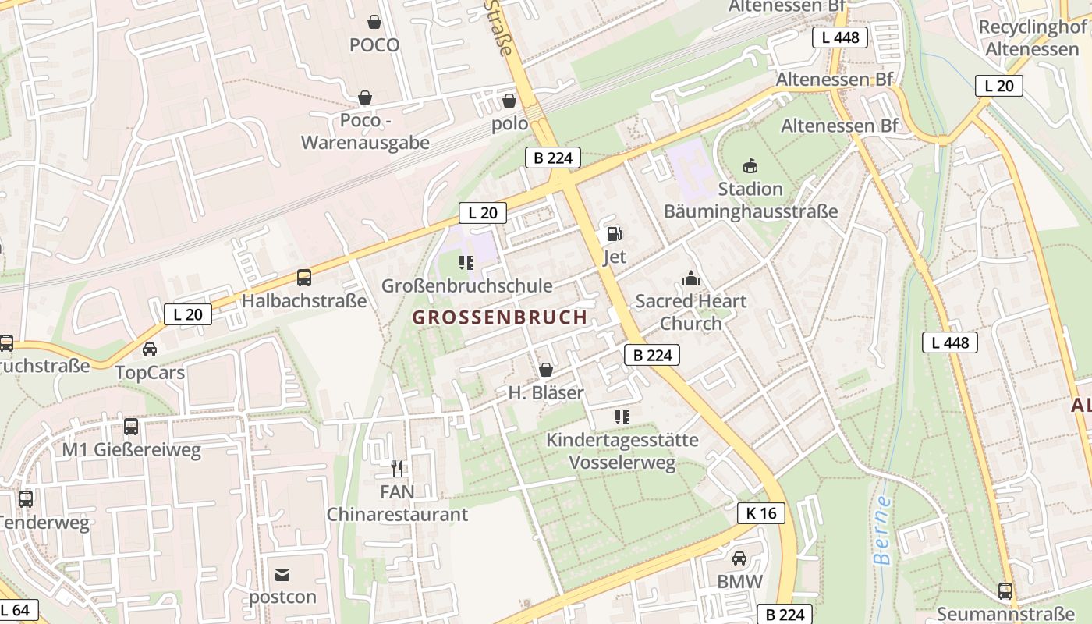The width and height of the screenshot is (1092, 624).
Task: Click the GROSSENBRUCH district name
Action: pyautogui.click(x=499, y=317)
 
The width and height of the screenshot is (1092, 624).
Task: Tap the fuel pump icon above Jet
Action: pyautogui.click(x=615, y=233)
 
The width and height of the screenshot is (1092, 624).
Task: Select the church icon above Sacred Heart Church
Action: pyautogui.click(x=691, y=278)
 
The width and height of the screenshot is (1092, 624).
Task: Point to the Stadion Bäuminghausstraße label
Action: pyautogui.click(x=750, y=200)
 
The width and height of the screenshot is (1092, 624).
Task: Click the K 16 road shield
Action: pyautogui.click(x=761, y=512)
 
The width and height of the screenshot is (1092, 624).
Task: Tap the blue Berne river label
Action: pyautogui.click(x=882, y=530)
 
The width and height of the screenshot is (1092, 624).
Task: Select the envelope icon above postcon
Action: pyautogui.click(x=282, y=575)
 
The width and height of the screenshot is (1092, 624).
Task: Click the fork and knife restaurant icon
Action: pyautogui.click(x=397, y=468)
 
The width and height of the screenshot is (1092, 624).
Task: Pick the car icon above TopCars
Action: pyautogui.click(x=150, y=349)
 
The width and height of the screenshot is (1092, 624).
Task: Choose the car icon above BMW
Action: pyautogui.click(x=739, y=558)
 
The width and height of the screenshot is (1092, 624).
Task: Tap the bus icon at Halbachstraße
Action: pyautogui.click(x=304, y=278)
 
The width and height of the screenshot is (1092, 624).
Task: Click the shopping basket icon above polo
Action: pyautogui.click(x=509, y=101)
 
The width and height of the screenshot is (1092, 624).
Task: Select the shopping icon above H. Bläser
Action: pyautogui.click(x=546, y=369)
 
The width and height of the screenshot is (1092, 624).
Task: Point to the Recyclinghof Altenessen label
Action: pyautogui.click(x=1032, y=38)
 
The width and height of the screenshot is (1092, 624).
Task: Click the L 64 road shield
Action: pyautogui.click(x=16, y=609)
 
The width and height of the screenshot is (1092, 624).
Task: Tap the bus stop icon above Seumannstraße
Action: pyautogui.click(x=1005, y=591)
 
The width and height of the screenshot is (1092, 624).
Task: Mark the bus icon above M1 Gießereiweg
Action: pyautogui.click(x=131, y=427)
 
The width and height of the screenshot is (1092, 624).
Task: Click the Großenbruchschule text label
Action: pyautogui.click(x=466, y=286)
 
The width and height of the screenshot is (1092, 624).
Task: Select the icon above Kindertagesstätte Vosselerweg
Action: pyautogui.click(x=622, y=417)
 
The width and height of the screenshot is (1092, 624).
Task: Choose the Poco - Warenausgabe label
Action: pyautogui.click(x=365, y=132)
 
